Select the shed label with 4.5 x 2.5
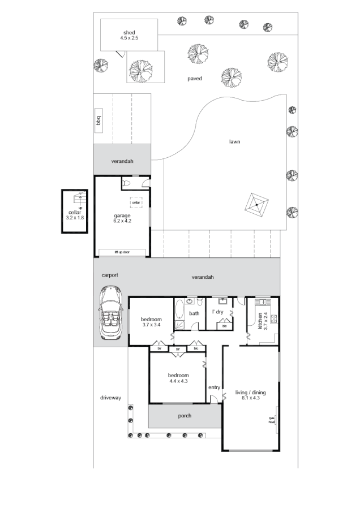[129, 34]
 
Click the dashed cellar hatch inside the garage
[136, 202]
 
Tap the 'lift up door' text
[122, 252]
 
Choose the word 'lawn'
[234, 141]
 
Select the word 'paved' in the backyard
[195, 79]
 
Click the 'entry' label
[214, 387]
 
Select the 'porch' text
[184, 416]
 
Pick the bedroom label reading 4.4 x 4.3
[178, 378]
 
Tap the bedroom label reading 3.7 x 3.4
[151, 322]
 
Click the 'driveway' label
[110, 398]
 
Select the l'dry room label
[218, 312]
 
